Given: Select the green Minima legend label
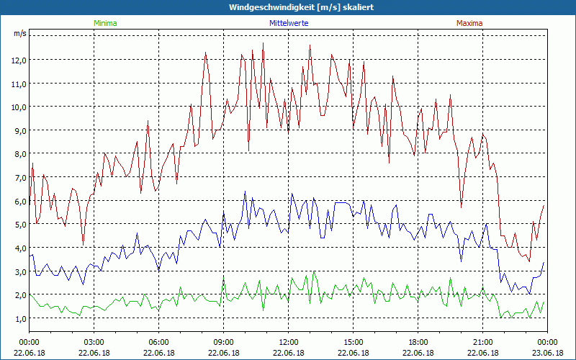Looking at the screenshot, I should (105, 23).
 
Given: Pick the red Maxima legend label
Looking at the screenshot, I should (469, 23).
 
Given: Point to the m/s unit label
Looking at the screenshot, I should (19, 34).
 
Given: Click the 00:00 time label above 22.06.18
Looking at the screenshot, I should (30, 342).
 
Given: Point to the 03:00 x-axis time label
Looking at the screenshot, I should (94, 342).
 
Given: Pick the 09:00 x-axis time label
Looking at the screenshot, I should (224, 342).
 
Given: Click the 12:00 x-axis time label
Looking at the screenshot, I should (289, 342).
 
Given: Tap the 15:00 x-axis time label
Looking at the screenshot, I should (354, 342).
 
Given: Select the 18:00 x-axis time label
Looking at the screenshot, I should (418, 342).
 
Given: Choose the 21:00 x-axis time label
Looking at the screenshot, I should (483, 342).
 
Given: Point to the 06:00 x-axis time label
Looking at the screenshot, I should (159, 342).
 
